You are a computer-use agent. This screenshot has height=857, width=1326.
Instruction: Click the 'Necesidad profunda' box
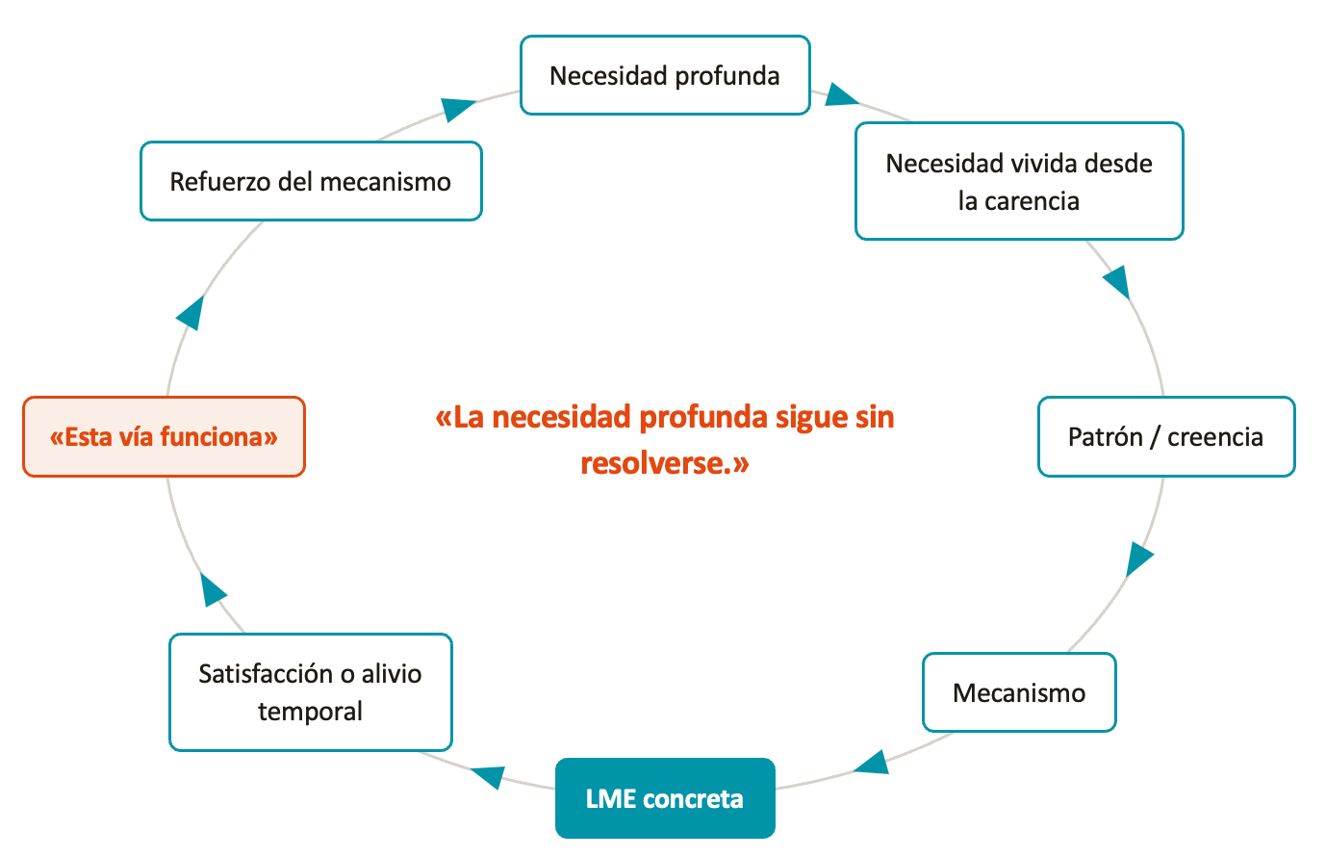tap(665, 75)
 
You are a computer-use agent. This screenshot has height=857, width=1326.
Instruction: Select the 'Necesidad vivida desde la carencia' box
tap(1019, 181)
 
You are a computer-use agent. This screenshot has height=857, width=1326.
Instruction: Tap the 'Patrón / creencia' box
tap(1166, 436)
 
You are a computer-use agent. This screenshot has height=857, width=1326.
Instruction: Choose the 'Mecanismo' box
tap(1019, 692)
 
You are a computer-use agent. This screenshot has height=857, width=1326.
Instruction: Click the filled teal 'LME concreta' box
tap(665, 797)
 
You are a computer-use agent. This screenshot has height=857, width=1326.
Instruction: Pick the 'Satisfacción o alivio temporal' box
tap(310, 692)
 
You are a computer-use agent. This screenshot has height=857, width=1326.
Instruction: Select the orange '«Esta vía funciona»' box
tap(164, 436)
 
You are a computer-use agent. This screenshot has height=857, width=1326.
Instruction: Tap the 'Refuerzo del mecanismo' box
tap(311, 181)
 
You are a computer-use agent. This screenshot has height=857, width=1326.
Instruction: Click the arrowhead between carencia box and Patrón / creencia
tap(1117, 282)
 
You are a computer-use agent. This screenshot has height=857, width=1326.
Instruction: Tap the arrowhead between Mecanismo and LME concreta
tap(872, 763)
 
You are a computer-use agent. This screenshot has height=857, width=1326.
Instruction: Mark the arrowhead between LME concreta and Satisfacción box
tap(489, 777)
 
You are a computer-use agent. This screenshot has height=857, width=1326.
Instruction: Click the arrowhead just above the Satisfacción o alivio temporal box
tap(213, 590)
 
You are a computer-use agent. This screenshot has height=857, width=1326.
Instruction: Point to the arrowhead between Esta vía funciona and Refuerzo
tap(191, 313)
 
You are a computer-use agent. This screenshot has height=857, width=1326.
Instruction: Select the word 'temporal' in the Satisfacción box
tap(310, 712)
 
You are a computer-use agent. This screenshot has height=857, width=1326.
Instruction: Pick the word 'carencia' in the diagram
tap(1032, 201)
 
